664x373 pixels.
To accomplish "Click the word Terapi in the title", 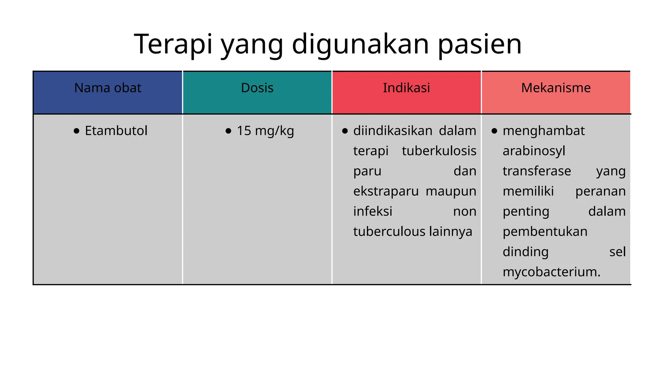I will [173, 44].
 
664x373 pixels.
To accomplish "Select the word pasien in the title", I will [480, 44].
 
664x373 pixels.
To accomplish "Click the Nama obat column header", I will [108, 88].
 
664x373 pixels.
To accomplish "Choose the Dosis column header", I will [257, 88].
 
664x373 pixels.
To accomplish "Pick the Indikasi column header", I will [406, 88].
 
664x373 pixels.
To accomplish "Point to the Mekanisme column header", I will [556, 88].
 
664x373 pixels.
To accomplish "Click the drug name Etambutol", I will [116, 131].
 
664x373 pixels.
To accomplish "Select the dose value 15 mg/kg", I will [265, 131].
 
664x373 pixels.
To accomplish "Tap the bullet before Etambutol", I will [77, 131].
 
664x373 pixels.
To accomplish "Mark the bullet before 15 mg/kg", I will [228, 131].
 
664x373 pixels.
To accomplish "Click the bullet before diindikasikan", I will [345, 131].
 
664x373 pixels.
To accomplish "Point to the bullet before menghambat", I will [494, 131].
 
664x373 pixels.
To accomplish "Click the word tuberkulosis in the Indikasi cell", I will [439, 151].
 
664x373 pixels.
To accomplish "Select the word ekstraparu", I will [386, 191].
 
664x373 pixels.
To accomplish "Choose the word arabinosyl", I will [534, 151].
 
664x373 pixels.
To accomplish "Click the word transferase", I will [537, 171].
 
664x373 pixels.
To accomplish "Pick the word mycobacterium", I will [551, 272].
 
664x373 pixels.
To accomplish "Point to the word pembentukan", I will [545, 232].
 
